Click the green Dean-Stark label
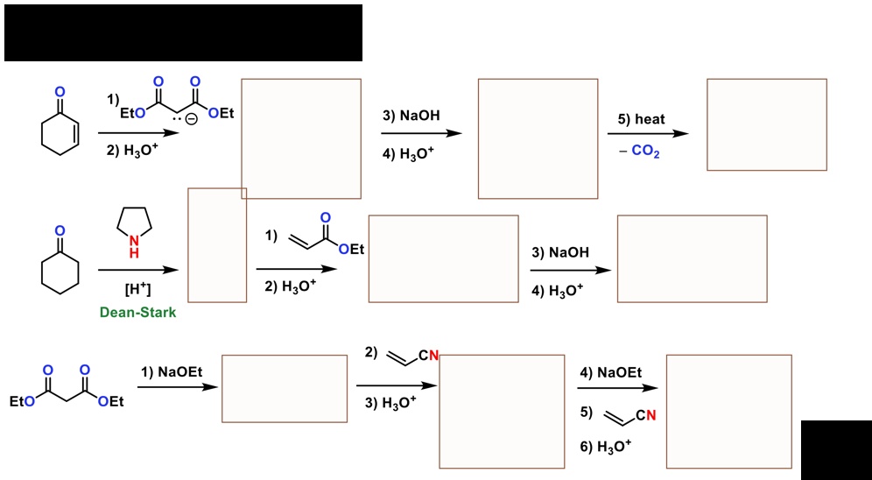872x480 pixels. point(138,313)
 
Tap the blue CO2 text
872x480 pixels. point(645,152)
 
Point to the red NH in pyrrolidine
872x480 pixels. point(134,246)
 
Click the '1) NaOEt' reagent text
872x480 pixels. point(172,371)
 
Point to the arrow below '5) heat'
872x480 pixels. point(648,133)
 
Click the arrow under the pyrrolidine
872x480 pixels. point(138,270)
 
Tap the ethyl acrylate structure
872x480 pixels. point(326,236)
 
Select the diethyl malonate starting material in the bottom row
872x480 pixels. point(67,387)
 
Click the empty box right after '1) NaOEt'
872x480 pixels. point(285,388)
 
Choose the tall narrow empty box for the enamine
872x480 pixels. point(217,245)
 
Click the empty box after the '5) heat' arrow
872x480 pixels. point(767,124)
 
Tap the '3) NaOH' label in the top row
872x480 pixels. point(411,116)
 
